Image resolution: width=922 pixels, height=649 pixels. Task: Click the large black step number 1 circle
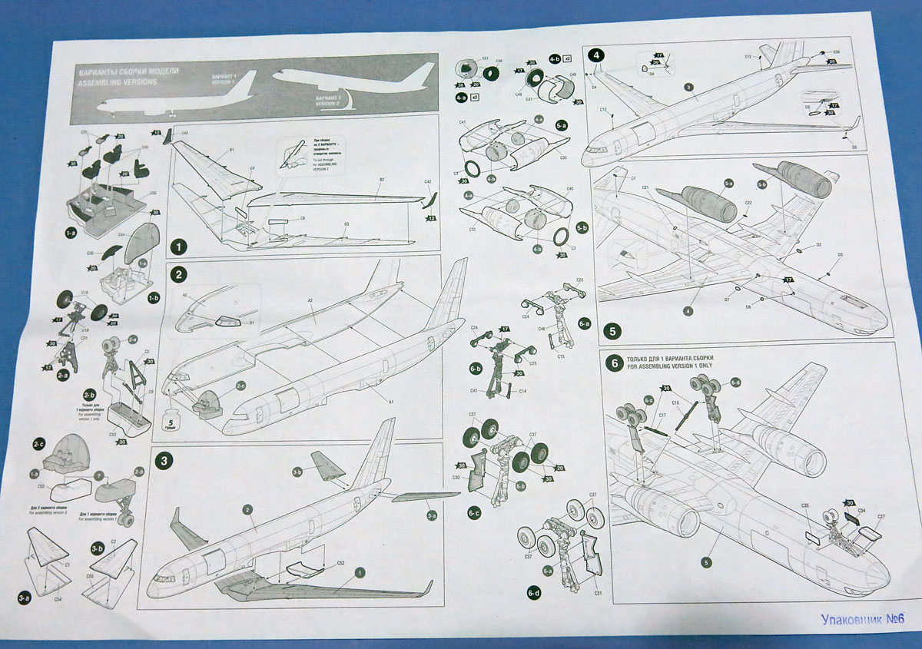click(177, 247)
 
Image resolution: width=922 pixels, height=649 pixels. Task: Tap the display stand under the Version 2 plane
click(354, 102)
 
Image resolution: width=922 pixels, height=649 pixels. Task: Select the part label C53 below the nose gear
click(113, 435)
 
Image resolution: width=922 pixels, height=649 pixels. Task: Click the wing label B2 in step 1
click(381, 179)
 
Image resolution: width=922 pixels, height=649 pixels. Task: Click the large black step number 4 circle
click(597, 55)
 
